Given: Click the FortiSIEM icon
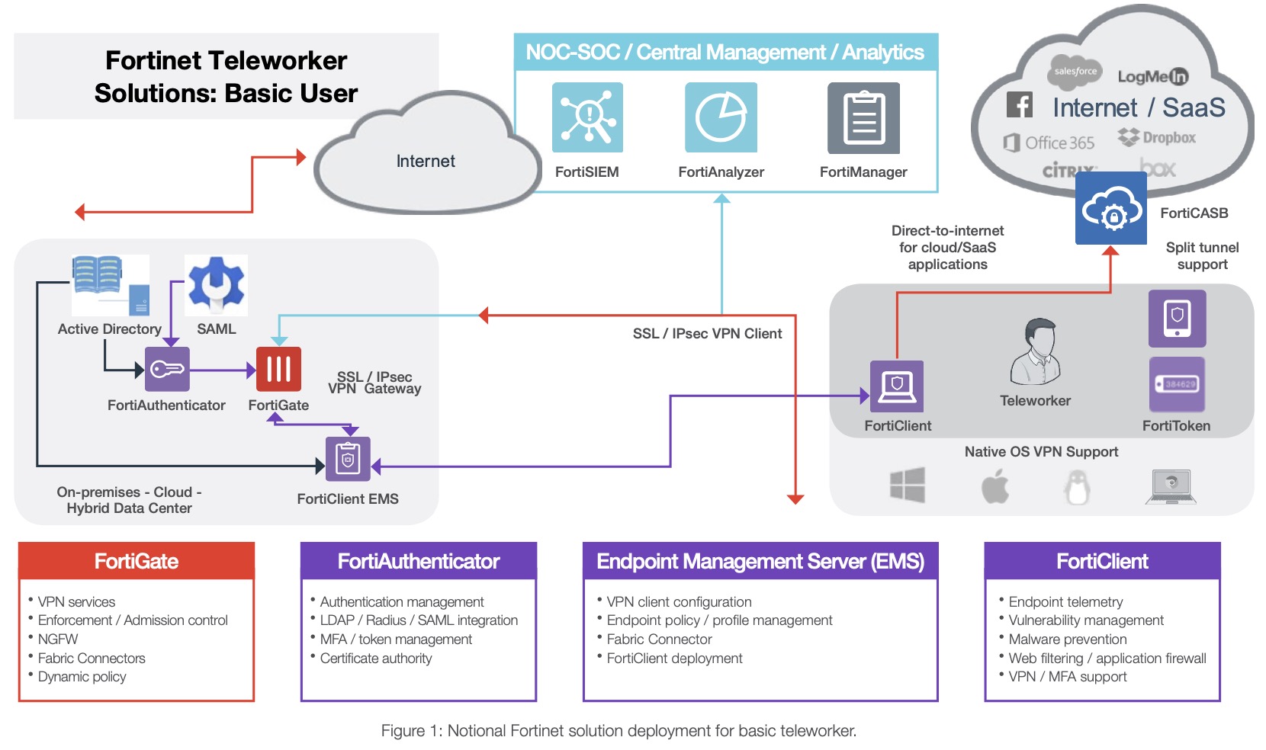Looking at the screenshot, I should pos(587,117).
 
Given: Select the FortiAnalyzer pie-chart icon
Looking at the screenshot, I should pos(721,117).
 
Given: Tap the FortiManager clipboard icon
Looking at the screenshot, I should pos(863,118).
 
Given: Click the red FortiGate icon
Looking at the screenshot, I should pos(278,369).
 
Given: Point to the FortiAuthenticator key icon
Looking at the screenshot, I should pos(167,370).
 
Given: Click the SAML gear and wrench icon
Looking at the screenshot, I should pos(217,284).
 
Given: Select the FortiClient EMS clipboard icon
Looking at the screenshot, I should pos(348,459).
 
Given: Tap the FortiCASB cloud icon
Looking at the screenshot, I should pos(1110,208).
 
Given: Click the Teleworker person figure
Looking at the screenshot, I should pos(1036,351).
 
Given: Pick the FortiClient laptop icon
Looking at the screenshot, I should pos(897,386).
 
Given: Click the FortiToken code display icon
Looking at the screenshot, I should pos(1177,384).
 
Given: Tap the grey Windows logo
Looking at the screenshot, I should pos(908,485).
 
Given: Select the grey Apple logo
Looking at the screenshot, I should pos(994,486).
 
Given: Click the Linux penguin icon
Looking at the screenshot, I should pos(1077,486).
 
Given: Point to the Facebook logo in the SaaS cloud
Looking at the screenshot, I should pos(1020,104).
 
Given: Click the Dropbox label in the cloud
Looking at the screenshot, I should pos(1168,138).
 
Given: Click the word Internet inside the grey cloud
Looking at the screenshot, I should pos(426,162).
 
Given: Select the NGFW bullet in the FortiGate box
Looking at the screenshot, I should pos(58,639).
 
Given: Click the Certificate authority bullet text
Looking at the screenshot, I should pos(375,658).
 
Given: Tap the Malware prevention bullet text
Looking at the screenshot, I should pos(1067,639).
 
